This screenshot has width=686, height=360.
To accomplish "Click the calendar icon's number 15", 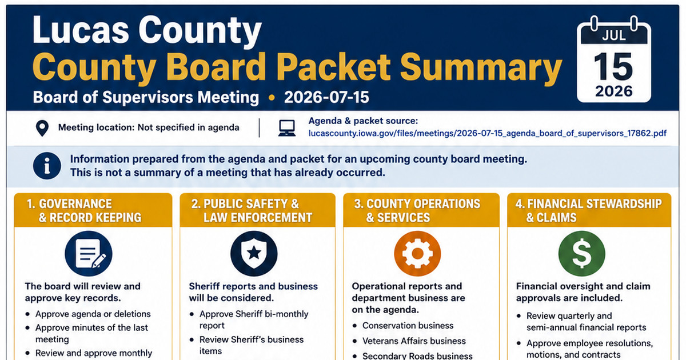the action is click(613, 66).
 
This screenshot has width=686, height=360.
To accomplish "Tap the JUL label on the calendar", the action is click(614, 36).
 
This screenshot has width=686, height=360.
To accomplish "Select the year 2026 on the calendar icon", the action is click(614, 91).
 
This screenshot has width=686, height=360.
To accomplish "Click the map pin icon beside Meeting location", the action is click(42, 128).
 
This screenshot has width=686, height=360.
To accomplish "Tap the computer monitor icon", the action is click(287, 128).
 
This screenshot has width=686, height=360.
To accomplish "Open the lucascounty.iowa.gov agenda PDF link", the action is click(487, 134).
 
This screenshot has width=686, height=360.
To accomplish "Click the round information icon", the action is click(47, 166).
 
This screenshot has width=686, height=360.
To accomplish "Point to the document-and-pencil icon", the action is click(89, 254).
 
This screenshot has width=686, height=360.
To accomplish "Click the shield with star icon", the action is click(254, 254).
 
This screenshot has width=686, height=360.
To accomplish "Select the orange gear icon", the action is click(417, 254).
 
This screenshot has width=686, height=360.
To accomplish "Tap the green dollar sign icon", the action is click(582, 254).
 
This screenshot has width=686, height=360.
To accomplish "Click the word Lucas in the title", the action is click(81, 30).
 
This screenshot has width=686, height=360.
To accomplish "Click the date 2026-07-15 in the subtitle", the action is click(326, 97).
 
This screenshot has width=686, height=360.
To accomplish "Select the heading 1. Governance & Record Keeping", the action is click(84, 211).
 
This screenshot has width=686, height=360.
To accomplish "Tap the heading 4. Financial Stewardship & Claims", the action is click(588, 211).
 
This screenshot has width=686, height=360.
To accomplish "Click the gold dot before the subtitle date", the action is click(272, 98).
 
